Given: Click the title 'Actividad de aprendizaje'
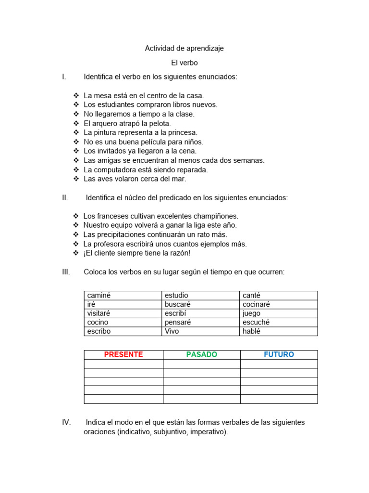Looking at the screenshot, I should [184, 49].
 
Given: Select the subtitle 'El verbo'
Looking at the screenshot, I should [184, 63].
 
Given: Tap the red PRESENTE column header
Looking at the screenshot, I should [123, 355].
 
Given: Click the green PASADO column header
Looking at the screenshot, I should [202, 355].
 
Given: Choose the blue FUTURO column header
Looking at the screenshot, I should [279, 355].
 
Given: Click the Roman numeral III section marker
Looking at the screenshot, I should [66, 272].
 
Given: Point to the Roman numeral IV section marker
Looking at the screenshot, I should [66, 422].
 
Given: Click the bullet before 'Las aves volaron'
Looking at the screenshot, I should [76, 179].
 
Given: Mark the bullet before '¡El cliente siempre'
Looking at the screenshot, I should [76, 253].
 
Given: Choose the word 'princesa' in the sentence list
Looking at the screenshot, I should [182, 132].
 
